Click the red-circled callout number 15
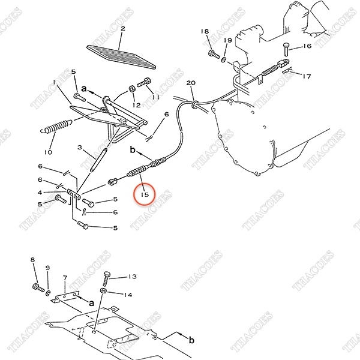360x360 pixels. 145,194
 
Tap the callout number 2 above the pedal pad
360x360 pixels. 123,28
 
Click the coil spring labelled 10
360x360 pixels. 57,127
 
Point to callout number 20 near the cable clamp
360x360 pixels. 191,83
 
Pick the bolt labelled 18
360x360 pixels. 214,54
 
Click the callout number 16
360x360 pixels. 307,46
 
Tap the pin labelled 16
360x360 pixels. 286,49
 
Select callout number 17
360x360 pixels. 307,76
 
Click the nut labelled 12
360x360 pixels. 132,89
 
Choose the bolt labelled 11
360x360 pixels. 144,82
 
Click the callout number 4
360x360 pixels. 40,193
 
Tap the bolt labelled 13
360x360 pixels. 107,278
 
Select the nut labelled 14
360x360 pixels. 103,291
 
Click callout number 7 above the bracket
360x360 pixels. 65,278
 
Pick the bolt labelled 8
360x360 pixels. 38,287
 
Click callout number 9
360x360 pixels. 47,268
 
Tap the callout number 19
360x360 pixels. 228,40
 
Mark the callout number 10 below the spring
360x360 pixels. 48,152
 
